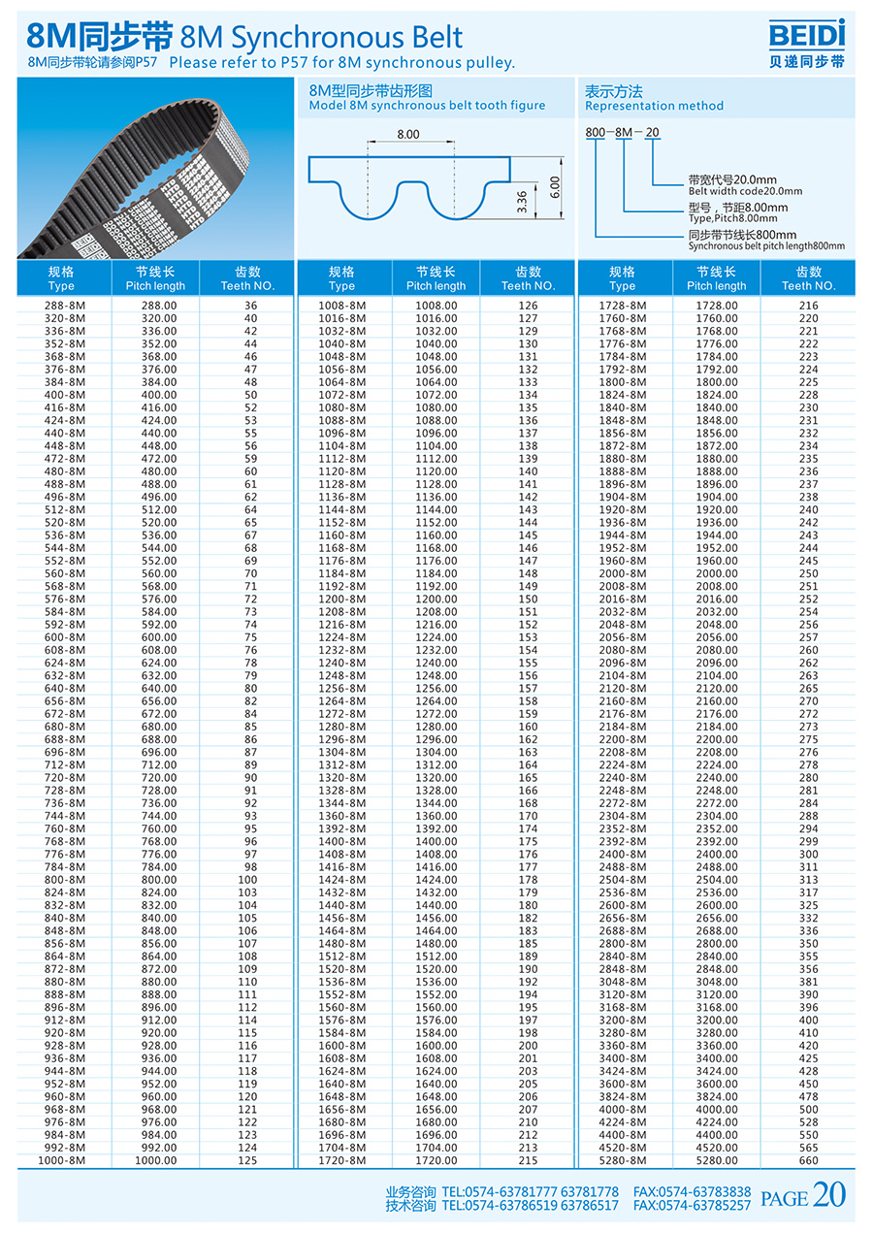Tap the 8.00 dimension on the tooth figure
(x=408, y=134)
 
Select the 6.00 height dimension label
(x=554, y=186)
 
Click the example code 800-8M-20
(x=622, y=132)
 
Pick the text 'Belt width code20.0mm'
(x=745, y=191)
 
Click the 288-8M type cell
(x=61, y=306)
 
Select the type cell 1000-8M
(x=61, y=1160)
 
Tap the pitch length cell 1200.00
(x=436, y=600)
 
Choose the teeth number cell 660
(x=808, y=1160)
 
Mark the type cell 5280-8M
(x=622, y=1160)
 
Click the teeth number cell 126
(x=528, y=306)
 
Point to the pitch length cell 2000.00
(x=717, y=573)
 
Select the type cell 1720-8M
(x=341, y=1160)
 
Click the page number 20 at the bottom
(x=829, y=1196)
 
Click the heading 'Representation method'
(x=653, y=106)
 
